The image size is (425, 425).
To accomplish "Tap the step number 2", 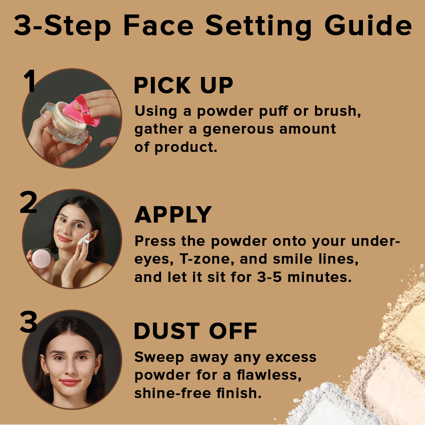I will tap(28, 203).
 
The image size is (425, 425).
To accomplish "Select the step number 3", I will tap(28, 323).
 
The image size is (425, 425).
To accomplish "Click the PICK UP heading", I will tap(184, 86).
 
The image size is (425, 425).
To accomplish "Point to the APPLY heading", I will tap(173, 215).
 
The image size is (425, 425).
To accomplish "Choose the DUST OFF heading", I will tap(195, 331).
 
